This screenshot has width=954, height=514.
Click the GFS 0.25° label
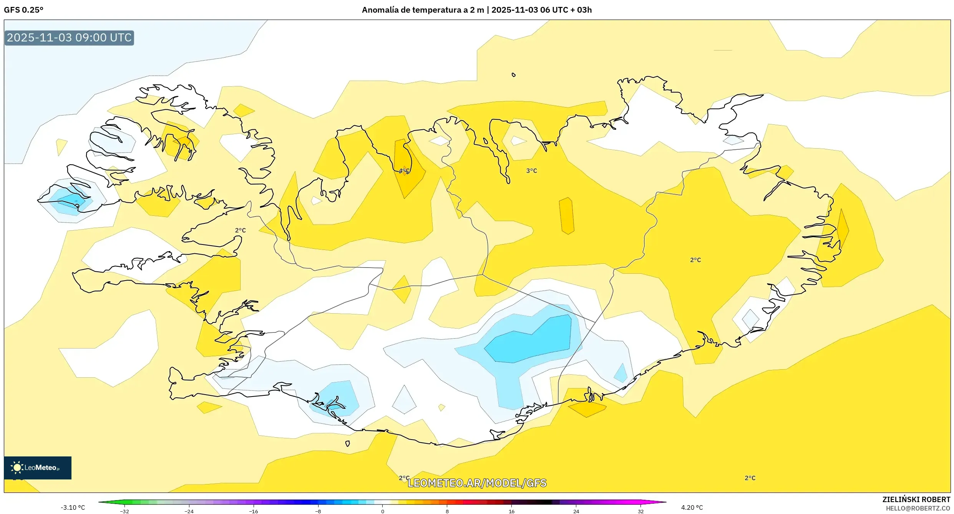pyautogui.click(x=23, y=10)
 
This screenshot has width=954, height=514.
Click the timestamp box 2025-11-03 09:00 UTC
pyautogui.click(x=69, y=38)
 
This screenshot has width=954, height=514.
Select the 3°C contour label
pyautogui.click(x=531, y=171)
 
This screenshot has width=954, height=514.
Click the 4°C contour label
pyautogui.click(x=404, y=171)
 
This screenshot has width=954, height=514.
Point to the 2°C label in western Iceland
pyautogui.click(x=240, y=230)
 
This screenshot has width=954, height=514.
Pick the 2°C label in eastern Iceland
pyautogui.click(x=695, y=260)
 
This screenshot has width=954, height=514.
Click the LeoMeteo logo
pyautogui.click(x=38, y=468)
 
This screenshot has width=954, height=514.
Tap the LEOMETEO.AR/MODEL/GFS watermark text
pyautogui.click(x=476, y=483)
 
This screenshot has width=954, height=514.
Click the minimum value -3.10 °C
pyautogui.click(x=73, y=507)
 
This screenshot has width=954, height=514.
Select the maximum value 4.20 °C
pyautogui.click(x=692, y=507)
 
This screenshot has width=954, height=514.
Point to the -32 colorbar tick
pyautogui.click(x=124, y=511)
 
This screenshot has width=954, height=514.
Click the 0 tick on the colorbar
pyautogui.click(x=382, y=511)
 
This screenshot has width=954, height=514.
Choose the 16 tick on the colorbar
pyautogui.click(x=511, y=511)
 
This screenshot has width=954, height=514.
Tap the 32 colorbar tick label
pyautogui.click(x=640, y=511)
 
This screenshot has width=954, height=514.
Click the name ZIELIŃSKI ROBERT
pyautogui.click(x=916, y=499)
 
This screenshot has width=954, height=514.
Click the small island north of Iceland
pyautogui.click(x=513, y=75)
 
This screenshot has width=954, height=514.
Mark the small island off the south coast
pyautogui.click(x=347, y=444)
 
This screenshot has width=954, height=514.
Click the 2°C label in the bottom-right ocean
pyautogui.click(x=750, y=478)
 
